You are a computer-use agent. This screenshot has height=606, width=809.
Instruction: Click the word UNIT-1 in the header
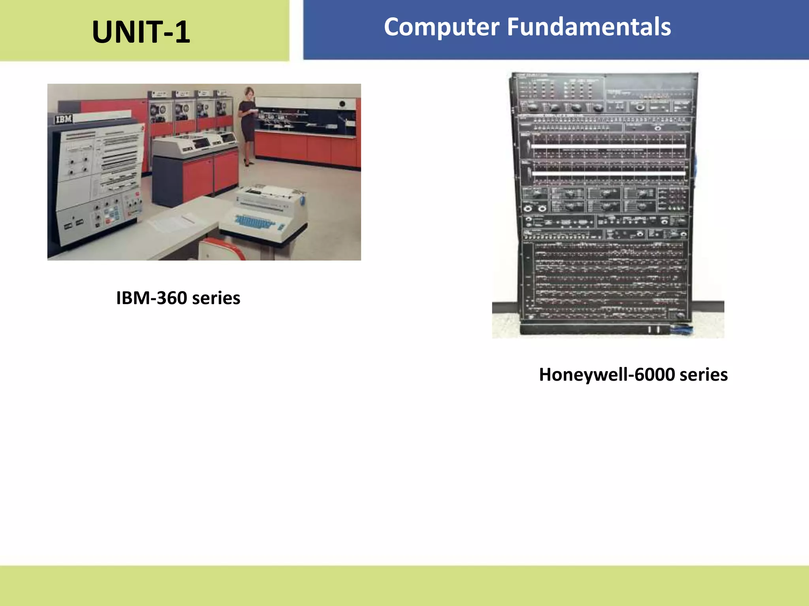141,32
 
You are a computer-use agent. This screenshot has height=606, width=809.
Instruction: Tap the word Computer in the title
442,27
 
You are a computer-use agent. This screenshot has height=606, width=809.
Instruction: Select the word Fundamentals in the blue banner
589,27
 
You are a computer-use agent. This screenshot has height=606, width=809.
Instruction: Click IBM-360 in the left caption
151,298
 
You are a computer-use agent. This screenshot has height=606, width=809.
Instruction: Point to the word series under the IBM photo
216,298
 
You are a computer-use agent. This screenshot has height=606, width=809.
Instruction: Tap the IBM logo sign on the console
64,119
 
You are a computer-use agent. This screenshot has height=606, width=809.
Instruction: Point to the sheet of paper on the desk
173,222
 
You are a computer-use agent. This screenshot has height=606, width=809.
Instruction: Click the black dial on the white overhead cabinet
342,104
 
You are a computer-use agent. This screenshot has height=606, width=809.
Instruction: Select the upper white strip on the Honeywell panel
608,147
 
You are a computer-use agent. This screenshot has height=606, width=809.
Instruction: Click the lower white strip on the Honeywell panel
608,173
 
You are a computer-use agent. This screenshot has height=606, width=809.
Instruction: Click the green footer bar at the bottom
404,585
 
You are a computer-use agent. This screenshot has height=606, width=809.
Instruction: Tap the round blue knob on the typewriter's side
302,200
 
